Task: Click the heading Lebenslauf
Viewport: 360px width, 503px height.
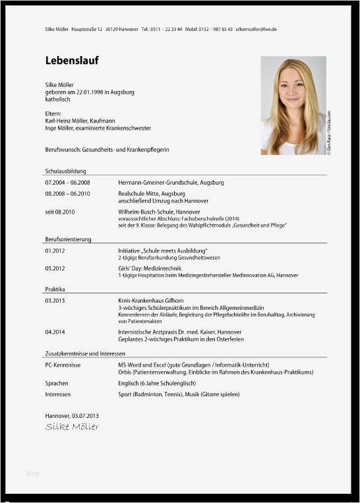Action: pyautogui.click(x=72, y=61)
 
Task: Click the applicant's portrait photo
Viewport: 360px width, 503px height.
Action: pyautogui.click(x=293, y=105)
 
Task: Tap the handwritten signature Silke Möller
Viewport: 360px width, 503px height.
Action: pyautogui.click(x=72, y=427)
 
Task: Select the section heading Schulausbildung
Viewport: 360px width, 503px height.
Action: pyautogui.click(x=65, y=171)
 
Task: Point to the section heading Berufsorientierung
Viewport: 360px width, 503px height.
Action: pyautogui.click(x=68, y=239)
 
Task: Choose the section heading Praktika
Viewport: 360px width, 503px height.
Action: pyautogui.click(x=55, y=289)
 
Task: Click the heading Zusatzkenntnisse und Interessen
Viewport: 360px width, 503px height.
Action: pyautogui.click(x=85, y=353)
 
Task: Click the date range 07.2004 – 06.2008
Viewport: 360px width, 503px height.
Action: pyautogui.click(x=67, y=182)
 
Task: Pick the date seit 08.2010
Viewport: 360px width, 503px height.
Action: pyautogui.click(x=60, y=212)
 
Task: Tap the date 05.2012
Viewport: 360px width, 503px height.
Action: pyautogui.click(x=55, y=268)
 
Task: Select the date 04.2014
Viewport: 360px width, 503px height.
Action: pyautogui.click(x=55, y=332)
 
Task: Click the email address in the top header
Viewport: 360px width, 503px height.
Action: pyautogui.click(x=256, y=30)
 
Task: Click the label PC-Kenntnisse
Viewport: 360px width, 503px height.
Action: pyautogui.click(x=63, y=365)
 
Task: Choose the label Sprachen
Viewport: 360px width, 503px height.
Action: pyautogui.click(x=57, y=383)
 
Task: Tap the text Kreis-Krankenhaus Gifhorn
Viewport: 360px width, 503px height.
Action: pyautogui.click(x=146, y=300)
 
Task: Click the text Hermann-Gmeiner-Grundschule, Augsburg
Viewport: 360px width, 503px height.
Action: pyautogui.click(x=171, y=182)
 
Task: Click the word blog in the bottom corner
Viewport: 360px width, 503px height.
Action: pyautogui.click(x=32, y=473)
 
